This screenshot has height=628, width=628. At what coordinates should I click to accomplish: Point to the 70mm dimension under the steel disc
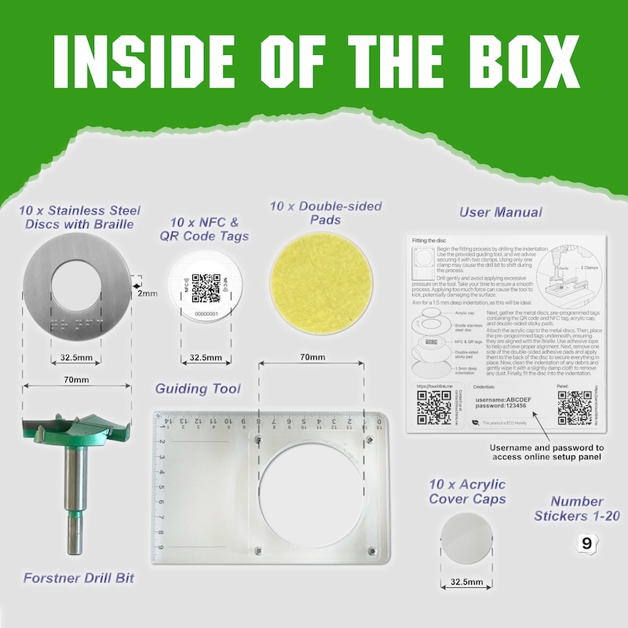pyautogui.click(x=77, y=380)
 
